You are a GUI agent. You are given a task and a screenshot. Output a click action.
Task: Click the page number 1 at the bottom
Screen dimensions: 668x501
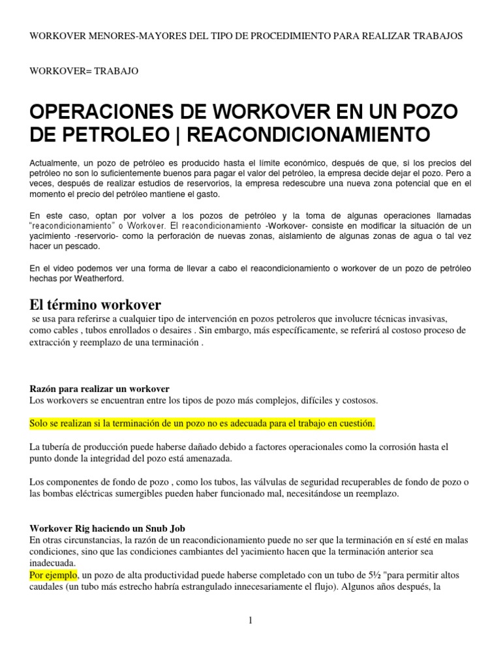250,620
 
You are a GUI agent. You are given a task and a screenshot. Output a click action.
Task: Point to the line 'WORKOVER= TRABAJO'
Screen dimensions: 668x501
84,71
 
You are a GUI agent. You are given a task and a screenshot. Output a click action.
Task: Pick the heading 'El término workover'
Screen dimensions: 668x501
95,305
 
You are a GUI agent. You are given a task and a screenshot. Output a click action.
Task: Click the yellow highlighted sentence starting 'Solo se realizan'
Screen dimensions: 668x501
202,423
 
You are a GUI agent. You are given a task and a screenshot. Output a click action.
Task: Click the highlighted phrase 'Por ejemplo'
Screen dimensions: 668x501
54,576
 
